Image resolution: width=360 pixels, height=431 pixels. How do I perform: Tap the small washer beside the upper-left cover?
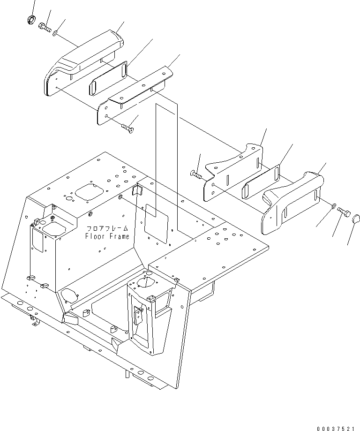(x=55, y=33)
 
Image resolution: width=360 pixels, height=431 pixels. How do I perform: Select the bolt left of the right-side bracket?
(x=196, y=175)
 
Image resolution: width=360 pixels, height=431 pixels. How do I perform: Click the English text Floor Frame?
(x=107, y=236)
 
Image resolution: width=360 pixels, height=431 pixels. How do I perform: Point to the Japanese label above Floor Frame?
(x=107, y=229)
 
